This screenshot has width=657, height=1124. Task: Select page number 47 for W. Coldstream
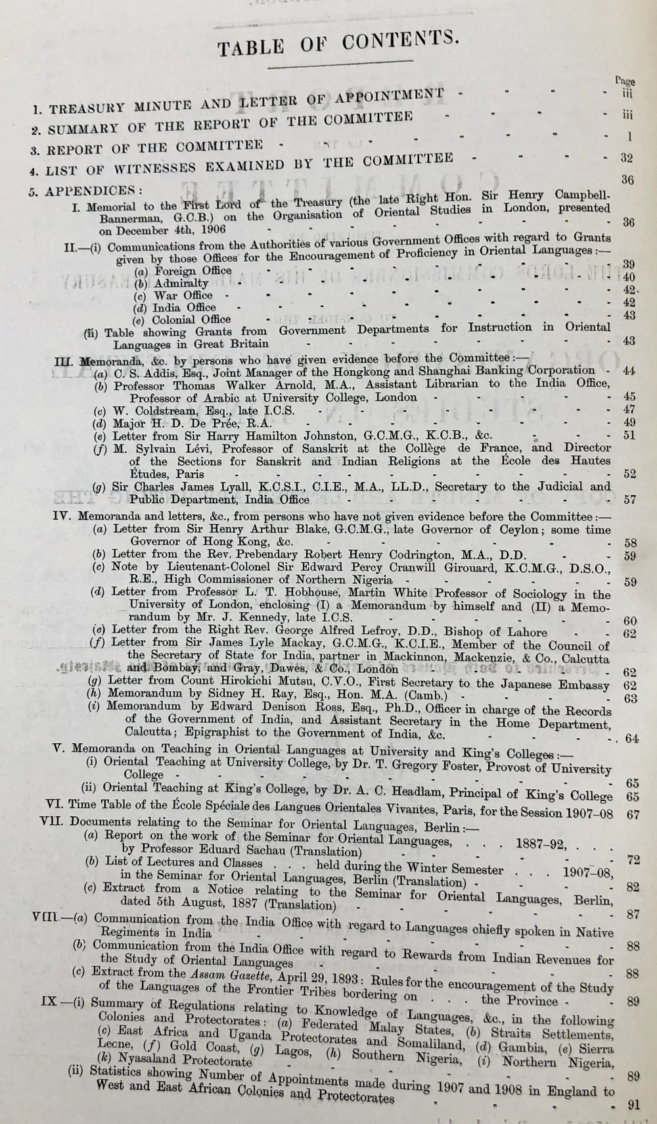click(629, 410)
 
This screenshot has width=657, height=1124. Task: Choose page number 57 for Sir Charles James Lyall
click(629, 500)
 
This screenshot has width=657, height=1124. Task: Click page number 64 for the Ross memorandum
click(632, 738)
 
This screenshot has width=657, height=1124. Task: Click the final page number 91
click(633, 1105)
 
